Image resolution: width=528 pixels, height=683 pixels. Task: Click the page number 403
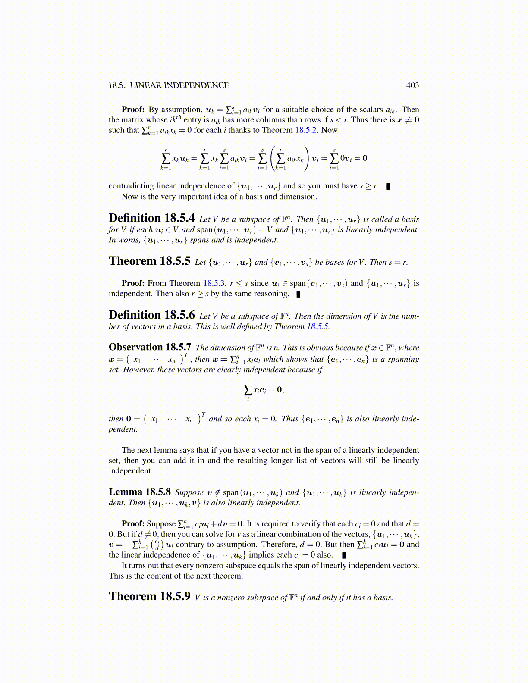pyautogui.click(x=412, y=85)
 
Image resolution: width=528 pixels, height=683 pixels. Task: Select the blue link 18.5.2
pyautogui.click(x=306, y=130)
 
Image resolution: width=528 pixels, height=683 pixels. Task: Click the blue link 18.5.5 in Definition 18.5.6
pyautogui.click(x=318, y=326)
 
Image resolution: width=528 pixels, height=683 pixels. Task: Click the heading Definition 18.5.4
pyautogui.click(x=151, y=218)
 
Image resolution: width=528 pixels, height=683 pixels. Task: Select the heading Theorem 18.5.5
pyautogui.click(x=149, y=261)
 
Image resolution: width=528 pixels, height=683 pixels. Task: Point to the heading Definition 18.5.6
pyautogui.click(x=151, y=315)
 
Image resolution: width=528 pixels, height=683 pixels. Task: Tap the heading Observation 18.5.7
pyautogui.click(x=150, y=347)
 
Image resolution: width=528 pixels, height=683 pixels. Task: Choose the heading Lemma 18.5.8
pyautogui.click(x=139, y=492)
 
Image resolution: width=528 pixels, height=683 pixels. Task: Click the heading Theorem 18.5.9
pyautogui.click(x=149, y=596)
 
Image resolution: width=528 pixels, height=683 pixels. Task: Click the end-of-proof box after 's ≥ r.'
pyautogui.click(x=388, y=186)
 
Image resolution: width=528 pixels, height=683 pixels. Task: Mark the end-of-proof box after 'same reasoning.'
pyautogui.click(x=298, y=295)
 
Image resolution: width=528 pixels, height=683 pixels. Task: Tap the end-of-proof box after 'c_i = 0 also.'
pyautogui.click(x=343, y=555)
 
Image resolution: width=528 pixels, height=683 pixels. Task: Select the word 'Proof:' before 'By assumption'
pyautogui.click(x=133, y=110)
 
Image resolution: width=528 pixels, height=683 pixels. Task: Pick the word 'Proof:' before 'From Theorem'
pyautogui.click(x=133, y=283)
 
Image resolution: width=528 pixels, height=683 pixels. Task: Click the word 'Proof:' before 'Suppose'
pyautogui.click(x=133, y=524)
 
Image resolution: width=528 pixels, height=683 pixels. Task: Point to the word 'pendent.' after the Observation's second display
pyautogui.click(x=123, y=429)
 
